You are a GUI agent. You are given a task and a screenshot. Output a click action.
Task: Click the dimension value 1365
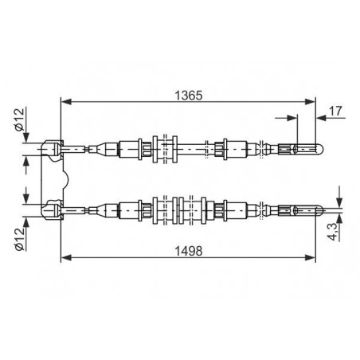pos(188,96)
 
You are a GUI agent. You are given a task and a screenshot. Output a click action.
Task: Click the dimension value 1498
pos(189,251)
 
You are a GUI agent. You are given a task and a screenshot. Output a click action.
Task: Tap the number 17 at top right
pos(335,111)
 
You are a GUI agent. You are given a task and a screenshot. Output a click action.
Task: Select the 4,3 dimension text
pos(333,232)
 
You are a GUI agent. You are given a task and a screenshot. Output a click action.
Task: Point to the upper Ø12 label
pos(19,119)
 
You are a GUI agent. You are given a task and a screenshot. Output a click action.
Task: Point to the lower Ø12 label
pos(19,239)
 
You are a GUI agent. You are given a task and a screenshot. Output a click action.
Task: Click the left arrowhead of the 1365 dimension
pos(66,101)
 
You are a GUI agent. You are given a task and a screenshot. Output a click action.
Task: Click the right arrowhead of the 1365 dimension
pos(310,101)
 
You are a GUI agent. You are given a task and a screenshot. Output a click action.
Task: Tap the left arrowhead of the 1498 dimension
pos(66,257)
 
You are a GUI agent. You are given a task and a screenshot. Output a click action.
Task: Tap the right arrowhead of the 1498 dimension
pos(310,257)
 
